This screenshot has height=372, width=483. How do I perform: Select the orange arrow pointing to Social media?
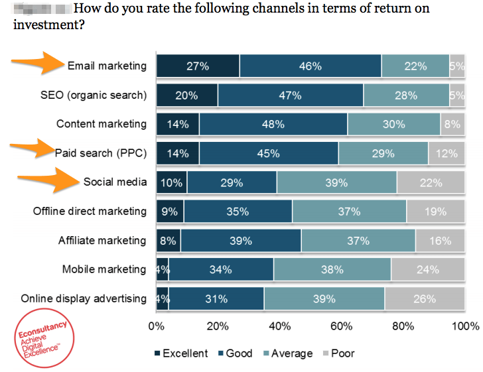point(46,180)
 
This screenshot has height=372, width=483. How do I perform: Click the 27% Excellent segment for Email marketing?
point(198,66)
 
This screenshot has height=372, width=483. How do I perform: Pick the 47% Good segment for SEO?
point(290,95)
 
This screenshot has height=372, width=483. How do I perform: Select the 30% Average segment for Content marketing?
point(394,124)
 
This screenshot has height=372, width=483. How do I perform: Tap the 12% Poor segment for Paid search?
point(447,153)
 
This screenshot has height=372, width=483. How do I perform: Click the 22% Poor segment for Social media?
point(431,182)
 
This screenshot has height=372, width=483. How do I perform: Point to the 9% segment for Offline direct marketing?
point(170,212)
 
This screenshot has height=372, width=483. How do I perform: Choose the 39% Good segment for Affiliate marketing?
point(241,241)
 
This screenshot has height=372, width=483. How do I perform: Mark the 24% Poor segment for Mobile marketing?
point(428,269)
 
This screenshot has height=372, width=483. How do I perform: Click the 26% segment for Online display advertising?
point(425,298)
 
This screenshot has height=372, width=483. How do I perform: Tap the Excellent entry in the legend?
point(181,353)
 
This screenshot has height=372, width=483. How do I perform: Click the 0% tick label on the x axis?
point(156,326)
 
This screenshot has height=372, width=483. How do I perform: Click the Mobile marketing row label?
point(103,269)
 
